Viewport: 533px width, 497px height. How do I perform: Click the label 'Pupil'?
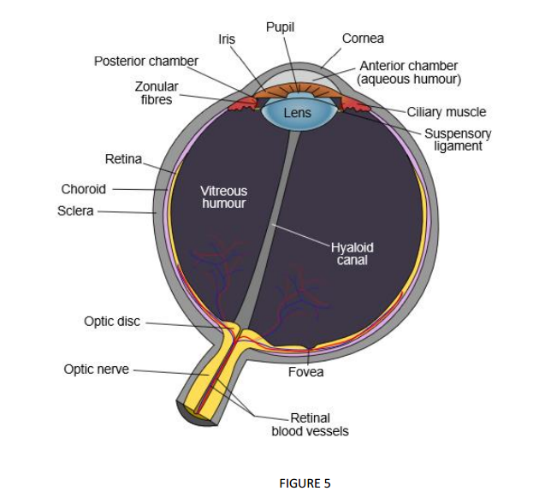tap(280, 27)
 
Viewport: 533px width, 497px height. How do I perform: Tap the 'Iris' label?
tap(227, 39)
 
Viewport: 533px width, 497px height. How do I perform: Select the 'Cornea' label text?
tap(363, 38)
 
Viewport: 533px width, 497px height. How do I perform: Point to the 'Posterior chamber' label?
tap(145, 62)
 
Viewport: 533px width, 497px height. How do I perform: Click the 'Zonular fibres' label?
tap(156, 93)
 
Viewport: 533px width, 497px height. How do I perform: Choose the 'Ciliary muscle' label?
tap(446, 112)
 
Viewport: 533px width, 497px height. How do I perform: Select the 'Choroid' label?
tap(83, 189)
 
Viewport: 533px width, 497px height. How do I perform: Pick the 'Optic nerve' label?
tap(96, 370)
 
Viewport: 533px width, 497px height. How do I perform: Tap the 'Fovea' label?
tap(305, 373)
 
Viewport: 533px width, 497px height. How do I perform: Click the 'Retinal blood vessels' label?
tap(310, 424)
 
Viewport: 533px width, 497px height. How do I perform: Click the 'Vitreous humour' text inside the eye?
tap(223, 197)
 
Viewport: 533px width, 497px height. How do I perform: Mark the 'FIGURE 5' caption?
tap(305, 483)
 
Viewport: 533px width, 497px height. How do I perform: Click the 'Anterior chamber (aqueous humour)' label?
tap(409, 73)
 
